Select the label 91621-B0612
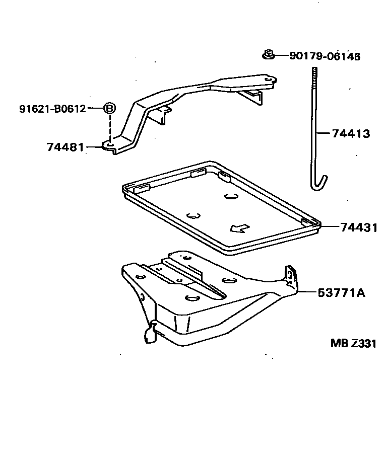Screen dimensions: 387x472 pyautogui.click(x=53, y=108)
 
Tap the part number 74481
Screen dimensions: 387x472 pyautogui.click(x=64, y=147)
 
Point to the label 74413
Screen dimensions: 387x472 pyautogui.click(x=351, y=134)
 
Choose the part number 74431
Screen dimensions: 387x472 pyautogui.click(x=358, y=227)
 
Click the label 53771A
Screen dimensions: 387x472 pyautogui.click(x=341, y=292)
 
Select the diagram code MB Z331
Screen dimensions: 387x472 pyautogui.click(x=353, y=343)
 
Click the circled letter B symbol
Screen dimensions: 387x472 pyautogui.click(x=109, y=108)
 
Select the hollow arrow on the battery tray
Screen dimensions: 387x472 pyautogui.click(x=239, y=228)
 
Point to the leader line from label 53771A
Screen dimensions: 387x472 pyautogui.click(x=306, y=292)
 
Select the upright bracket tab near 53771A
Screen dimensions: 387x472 pyautogui.click(x=289, y=277)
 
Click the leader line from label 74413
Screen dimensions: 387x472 pyautogui.click(x=325, y=134)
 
